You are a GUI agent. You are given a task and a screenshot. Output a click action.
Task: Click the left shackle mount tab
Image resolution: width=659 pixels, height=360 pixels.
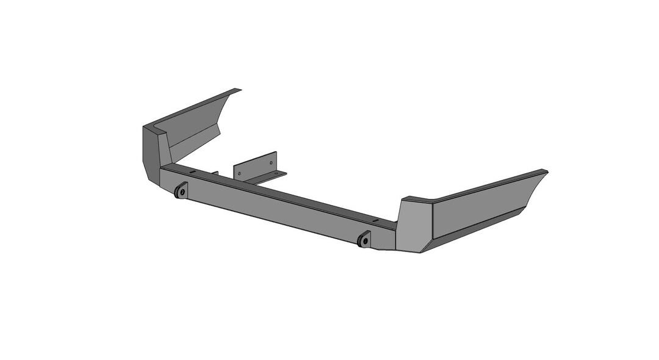click(181, 191)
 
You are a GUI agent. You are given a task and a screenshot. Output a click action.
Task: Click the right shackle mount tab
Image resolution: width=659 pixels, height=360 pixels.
click(364, 239)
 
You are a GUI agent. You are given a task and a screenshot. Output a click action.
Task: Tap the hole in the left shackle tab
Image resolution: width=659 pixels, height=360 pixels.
click(182, 192)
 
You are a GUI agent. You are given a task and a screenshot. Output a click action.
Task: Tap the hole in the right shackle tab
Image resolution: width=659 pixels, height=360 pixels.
click(365, 240)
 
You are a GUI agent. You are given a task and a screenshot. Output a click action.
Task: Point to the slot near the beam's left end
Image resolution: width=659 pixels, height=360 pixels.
click(193, 172)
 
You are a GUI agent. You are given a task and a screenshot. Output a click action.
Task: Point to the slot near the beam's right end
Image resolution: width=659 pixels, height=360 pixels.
click(376, 220)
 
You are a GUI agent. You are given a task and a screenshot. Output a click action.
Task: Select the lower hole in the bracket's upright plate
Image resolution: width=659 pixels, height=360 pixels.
click(239, 173)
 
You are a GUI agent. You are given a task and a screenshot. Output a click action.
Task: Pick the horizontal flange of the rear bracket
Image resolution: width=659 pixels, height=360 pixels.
click(268, 178)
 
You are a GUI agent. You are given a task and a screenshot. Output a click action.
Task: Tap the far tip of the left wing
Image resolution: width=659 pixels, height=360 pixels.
click(239, 90)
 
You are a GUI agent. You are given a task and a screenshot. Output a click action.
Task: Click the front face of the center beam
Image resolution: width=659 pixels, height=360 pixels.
click(275, 207)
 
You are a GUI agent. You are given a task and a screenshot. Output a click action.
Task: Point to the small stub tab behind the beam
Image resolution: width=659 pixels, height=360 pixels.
click(215, 173)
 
